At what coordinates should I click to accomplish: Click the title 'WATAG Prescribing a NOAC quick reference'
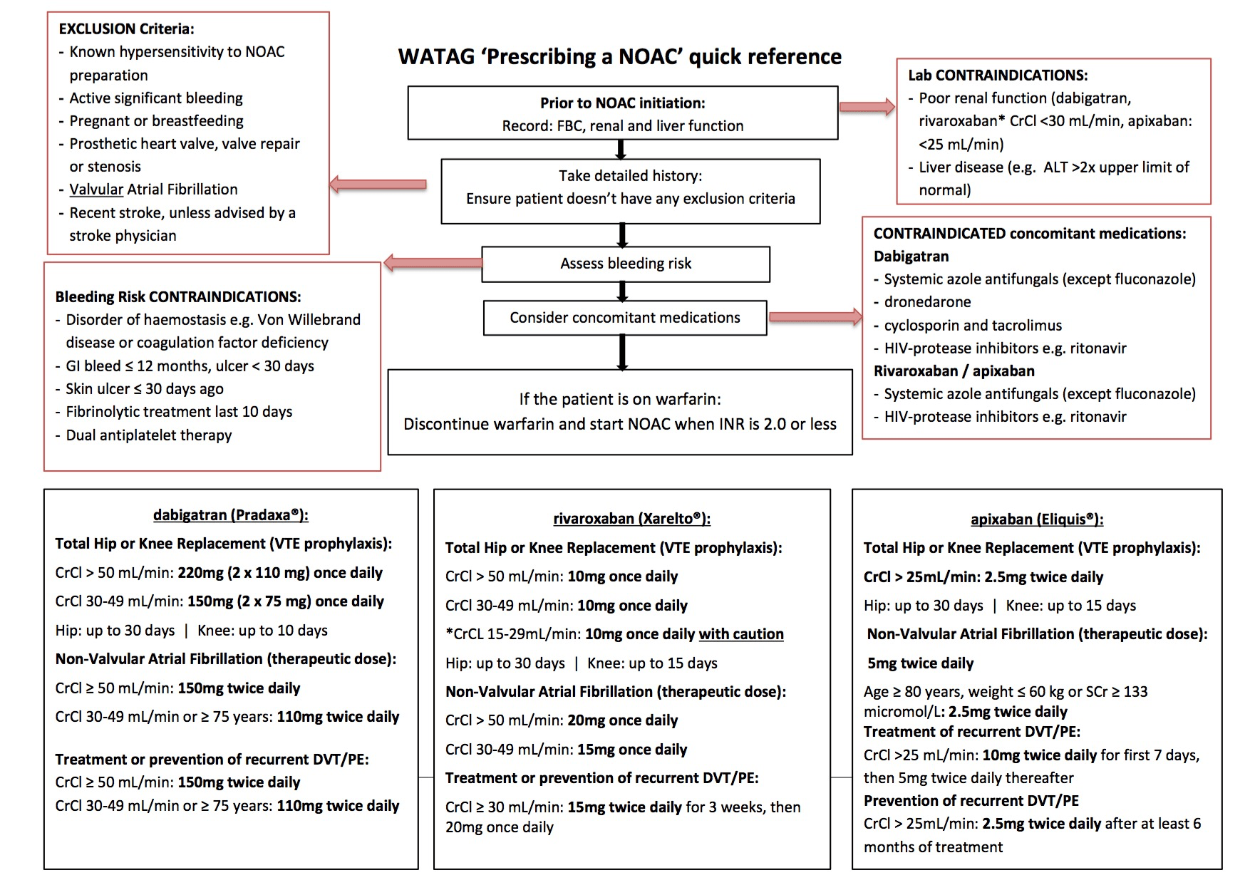coord(619,57)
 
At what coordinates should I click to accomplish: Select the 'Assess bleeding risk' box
coord(625,264)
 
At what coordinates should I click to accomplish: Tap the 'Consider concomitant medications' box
coord(624,318)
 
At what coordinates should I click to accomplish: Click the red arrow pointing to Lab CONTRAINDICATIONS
coord(867,108)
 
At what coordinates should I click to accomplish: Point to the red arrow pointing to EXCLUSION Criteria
coord(378,185)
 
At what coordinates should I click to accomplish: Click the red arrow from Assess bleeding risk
coord(433,263)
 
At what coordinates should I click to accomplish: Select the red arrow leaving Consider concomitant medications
coord(815,317)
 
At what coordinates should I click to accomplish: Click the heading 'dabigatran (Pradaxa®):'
coord(231,514)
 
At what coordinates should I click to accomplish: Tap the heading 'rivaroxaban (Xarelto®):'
coord(631,519)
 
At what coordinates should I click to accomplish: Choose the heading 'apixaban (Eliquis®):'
coord(1036,519)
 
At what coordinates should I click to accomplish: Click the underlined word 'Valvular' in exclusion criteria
coord(96,190)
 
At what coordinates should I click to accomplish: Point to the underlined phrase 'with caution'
coord(740,634)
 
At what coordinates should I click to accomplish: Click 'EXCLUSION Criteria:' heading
coord(126,29)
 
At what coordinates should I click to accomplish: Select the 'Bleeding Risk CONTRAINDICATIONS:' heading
coord(178,297)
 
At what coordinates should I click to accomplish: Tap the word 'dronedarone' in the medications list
coord(927,302)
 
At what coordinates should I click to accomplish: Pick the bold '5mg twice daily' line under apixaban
coord(920,663)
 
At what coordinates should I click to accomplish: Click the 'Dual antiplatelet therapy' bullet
coord(148,435)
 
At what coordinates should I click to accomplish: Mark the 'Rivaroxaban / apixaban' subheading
coord(944,371)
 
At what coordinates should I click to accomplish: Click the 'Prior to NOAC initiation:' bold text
coord(622,103)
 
